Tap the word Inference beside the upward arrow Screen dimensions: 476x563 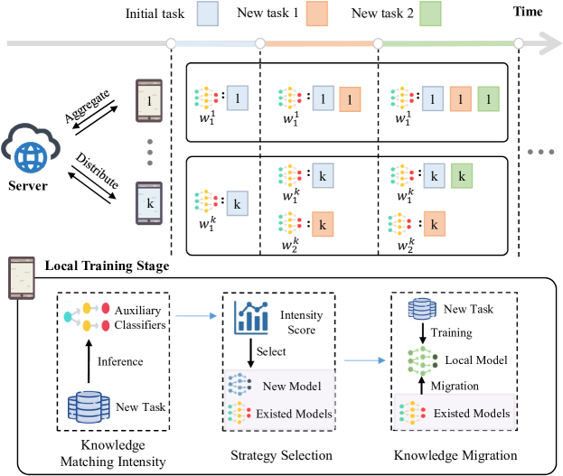tap(120, 362)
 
